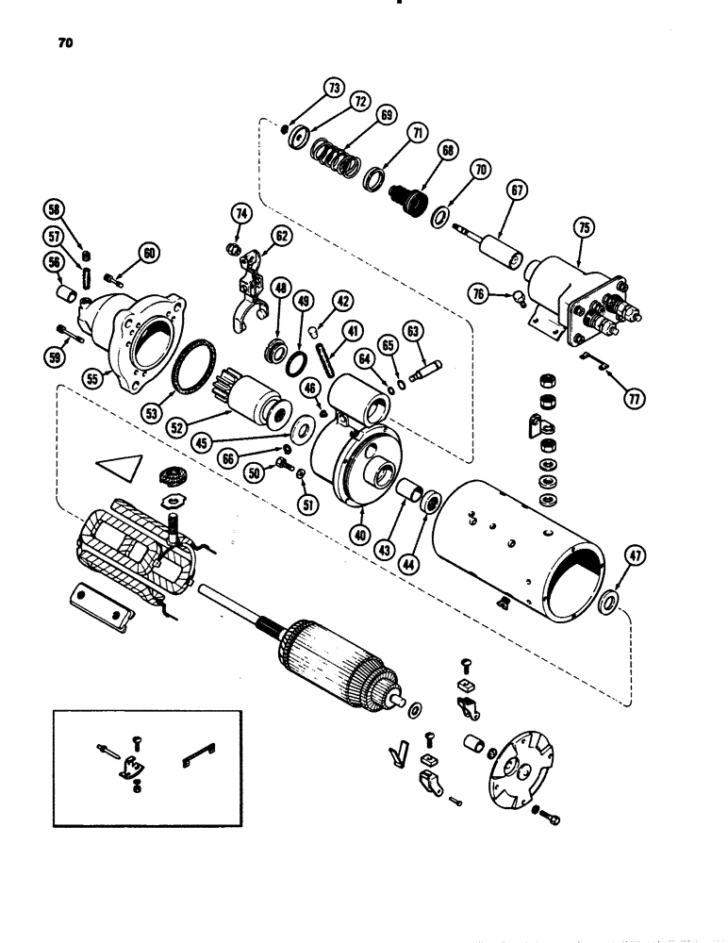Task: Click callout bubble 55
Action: (91, 377)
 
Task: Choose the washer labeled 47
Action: (608, 601)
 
